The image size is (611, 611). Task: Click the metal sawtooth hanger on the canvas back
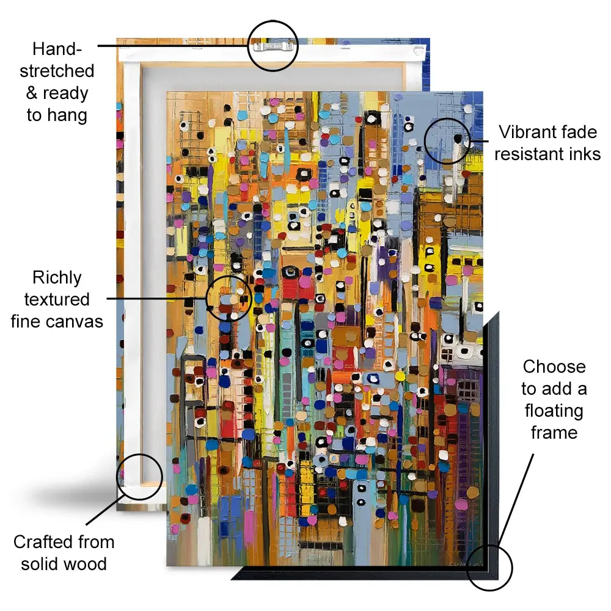[273, 47]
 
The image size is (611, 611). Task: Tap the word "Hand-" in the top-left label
[57, 49]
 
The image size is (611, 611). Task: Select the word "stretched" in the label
[57, 71]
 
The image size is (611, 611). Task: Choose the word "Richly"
[57, 278]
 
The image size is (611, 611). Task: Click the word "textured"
[57, 299]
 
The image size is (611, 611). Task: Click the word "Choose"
[554, 367]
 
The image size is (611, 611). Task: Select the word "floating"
[554, 411]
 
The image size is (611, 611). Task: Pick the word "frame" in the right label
[554, 433]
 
